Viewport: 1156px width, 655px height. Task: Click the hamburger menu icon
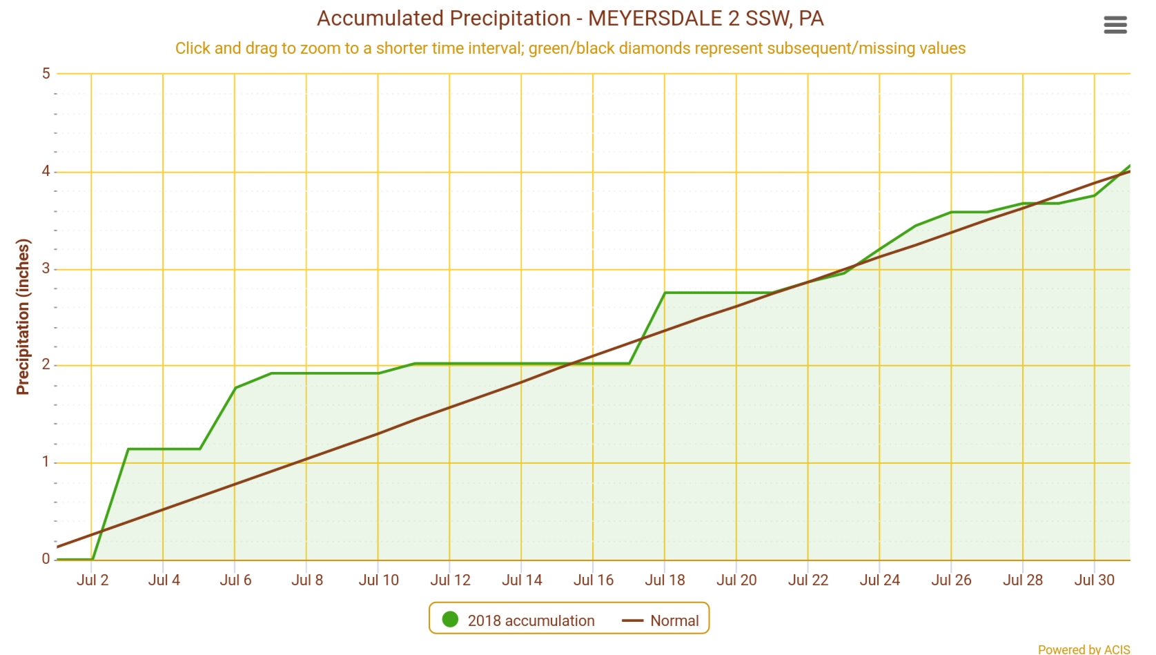point(1115,26)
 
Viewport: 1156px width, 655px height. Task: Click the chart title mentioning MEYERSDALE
point(570,19)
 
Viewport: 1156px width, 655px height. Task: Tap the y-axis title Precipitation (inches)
point(23,317)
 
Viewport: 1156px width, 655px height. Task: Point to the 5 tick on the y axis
point(46,73)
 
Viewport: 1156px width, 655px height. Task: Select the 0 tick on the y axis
point(46,559)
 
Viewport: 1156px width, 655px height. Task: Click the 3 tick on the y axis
point(46,268)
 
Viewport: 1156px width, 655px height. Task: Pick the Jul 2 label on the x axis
point(92,580)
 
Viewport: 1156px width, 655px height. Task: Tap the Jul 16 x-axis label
point(594,580)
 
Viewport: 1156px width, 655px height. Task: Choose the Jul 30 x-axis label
point(1094,580)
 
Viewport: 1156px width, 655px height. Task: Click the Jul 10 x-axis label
point(378,580)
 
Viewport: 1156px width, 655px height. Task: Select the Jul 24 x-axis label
point(879,580)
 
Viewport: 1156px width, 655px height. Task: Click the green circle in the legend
point(450,620)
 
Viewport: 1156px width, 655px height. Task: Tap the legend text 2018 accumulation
point(531,620)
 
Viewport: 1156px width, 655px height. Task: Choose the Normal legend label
point(674,620)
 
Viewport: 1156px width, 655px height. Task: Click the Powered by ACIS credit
point(1084,649)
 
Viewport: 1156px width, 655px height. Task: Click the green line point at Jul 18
point(665,293)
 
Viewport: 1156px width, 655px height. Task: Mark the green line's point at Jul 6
point(235,388)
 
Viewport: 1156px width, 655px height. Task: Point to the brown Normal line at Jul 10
point(378,434)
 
